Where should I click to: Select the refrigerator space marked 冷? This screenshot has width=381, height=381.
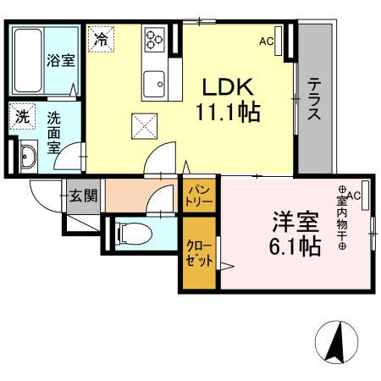tap(101, 39)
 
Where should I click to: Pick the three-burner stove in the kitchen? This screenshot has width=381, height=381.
tap(155, 40)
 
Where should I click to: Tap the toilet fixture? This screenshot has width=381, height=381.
tap(130, 232)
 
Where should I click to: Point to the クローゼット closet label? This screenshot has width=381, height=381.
tap(200, 253)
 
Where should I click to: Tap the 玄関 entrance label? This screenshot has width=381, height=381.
tap(83, 197)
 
